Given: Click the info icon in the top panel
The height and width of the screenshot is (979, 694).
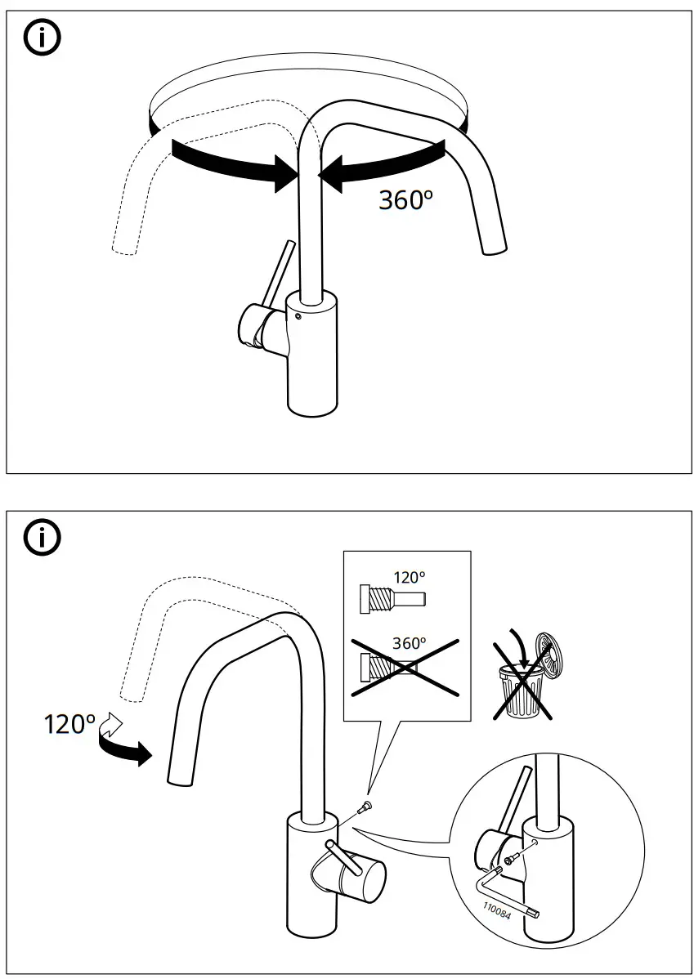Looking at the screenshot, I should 43,39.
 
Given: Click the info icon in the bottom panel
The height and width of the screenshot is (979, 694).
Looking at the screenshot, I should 43,538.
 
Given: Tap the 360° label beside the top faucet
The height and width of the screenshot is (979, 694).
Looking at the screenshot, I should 404,199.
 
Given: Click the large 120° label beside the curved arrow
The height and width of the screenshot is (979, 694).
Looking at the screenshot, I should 69,724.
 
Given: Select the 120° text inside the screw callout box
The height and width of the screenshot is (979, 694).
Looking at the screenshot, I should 409,577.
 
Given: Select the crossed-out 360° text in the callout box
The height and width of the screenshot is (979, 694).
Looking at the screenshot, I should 409,643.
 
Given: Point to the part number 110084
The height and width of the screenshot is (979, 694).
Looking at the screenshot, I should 495,909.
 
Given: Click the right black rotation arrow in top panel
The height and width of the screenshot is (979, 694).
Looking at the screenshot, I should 384,163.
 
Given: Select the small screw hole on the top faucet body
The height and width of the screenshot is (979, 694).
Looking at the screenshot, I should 298,317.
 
